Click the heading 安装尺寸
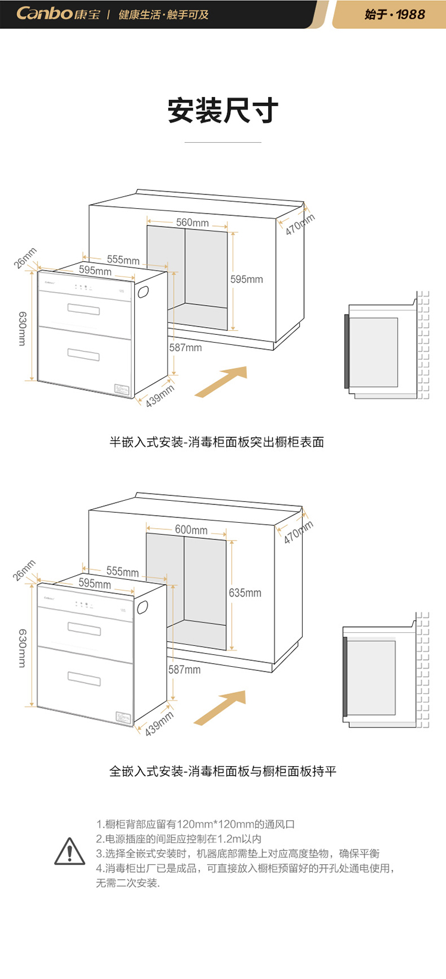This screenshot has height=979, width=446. [x=223, y=111]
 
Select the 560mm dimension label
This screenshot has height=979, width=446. [x=192, y=222]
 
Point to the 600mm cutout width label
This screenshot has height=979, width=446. [x=191, y=529]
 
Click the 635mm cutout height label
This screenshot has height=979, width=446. [x=245, y=592]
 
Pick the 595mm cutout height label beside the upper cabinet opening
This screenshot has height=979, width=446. [x=247, y=279]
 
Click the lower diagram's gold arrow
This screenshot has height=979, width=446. [x=221, y=707]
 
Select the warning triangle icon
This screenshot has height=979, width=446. [x=70, y=852]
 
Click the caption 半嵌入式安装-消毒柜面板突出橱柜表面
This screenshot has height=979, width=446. [x=216, y=442]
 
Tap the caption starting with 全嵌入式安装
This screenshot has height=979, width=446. [x=222, y=771]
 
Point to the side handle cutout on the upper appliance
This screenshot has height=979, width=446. [x=143, y=291]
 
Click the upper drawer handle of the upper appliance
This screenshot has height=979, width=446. [x=83, y=309]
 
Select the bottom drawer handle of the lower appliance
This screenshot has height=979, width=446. [x=84, y=679]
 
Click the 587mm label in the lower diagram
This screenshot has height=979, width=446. [x=184, y=669]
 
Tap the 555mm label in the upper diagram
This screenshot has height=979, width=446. [x=123, y=260]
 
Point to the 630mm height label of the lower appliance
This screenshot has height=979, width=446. [x=22, y=648]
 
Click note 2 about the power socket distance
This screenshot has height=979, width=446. [x=179, y=839]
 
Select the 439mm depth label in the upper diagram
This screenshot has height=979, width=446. [x=159, y=396]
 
